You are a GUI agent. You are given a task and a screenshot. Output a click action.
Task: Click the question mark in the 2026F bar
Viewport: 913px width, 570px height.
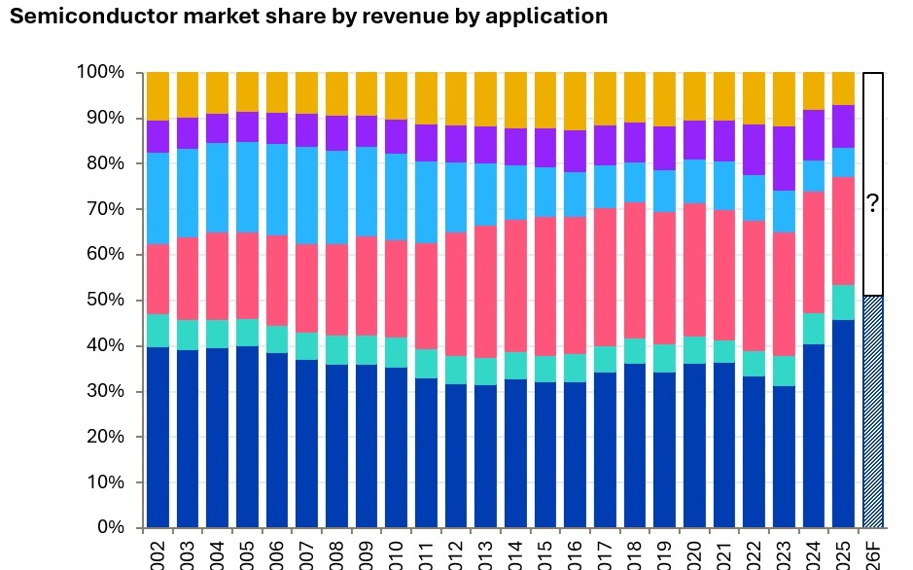[873, 203]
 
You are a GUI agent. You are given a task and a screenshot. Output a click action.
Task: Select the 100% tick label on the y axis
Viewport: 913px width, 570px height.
[100, 72]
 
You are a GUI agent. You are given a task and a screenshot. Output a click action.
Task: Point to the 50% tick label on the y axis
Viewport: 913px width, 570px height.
[104, 300]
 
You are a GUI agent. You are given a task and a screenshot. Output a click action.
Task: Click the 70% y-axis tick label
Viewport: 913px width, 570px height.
[104, 208]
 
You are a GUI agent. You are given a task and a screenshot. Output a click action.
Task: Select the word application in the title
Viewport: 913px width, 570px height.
[554, 17]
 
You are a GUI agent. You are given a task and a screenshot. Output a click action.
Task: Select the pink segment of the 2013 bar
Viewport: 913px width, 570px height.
[485, 292]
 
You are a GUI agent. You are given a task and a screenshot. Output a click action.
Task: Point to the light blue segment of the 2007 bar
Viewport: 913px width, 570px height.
[307, 196]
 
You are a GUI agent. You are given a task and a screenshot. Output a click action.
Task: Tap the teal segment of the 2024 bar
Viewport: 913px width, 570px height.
[814, 329]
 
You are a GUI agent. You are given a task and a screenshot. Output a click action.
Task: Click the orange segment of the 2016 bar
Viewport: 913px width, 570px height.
[575, 101]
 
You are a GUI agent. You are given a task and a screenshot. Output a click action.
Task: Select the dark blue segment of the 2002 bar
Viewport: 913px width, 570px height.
[158, 437]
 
